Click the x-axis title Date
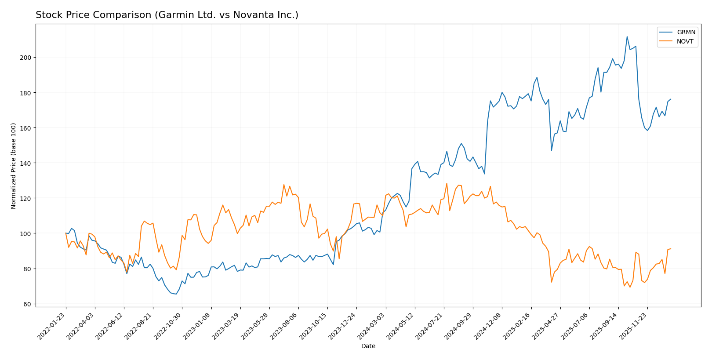point(368,346)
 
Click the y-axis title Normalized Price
point(14,166)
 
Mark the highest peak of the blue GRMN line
point(627,36)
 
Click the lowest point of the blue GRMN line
point(176,294)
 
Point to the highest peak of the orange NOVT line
point(447,183)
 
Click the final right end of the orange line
point(671,249)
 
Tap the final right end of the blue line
point(671,99)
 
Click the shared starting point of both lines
point(66,233)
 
